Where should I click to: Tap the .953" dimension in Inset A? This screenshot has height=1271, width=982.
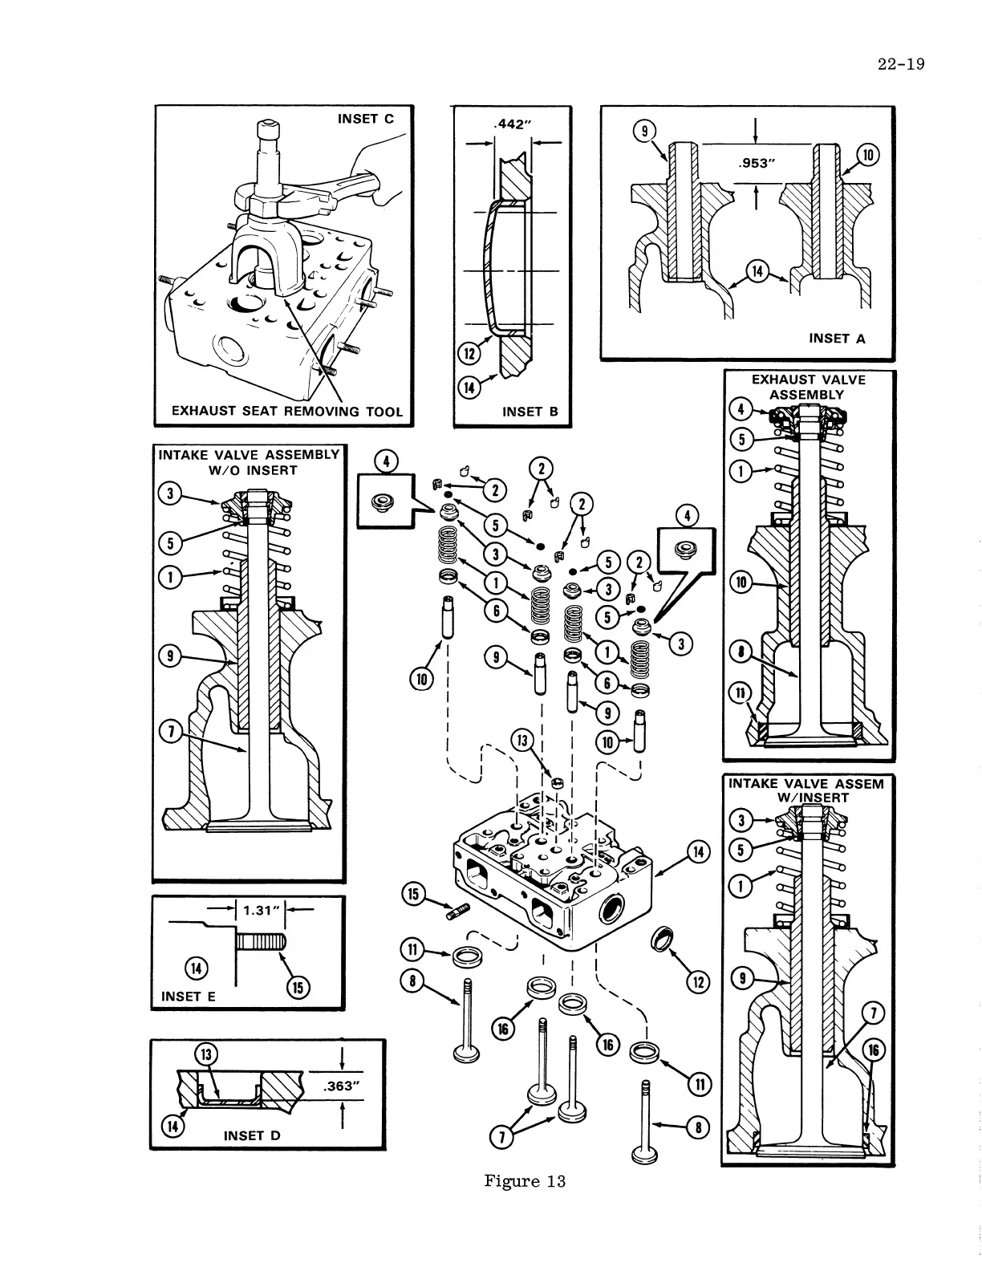pyautogui.click(x=757, y=164)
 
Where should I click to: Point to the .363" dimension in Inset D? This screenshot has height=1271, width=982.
pyautogui.click(x=340, y=1087)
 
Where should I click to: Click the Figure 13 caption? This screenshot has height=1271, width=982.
pyautogui.click(x=525, y=1180)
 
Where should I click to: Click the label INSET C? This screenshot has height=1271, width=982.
pyautogui.click(x=365, y=119)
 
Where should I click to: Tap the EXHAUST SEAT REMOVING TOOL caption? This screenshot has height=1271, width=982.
pyautogui.click(x=286, y=412)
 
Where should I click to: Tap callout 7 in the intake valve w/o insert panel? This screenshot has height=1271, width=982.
pyautogui.click(x=170, y=731)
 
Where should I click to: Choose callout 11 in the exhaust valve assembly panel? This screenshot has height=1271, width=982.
pyautogui.click(x=740, y=693)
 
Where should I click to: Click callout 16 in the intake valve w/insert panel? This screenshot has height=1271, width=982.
pyautogui.click(x=874, y=1050)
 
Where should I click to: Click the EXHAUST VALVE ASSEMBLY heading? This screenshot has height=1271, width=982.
pyautogui.click(x=808, y=387)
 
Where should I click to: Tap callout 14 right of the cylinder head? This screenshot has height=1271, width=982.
pyautogui.click(x=698, y=853)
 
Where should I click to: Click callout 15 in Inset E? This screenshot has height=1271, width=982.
pyautogui.click(x=298, y=988)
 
